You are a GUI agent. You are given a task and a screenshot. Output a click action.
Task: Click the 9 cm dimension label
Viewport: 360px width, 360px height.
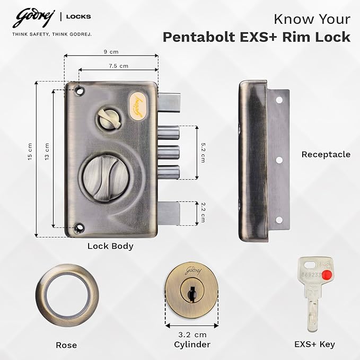tap(111, 51)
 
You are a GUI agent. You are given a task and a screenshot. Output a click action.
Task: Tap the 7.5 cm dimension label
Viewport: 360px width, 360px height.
tap(118, 66)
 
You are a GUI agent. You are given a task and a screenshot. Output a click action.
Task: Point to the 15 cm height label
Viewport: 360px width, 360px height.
tap(30, 152)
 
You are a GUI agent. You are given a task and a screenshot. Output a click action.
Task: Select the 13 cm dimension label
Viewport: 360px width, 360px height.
tap(47, 152)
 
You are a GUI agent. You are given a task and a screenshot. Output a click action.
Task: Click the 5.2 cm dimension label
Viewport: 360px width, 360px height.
tap(203, 153)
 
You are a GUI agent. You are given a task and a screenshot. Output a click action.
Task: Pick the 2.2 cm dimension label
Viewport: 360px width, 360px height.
tap(203, 213)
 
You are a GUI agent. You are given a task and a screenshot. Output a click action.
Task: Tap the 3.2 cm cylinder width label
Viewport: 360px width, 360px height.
tap(192, 335)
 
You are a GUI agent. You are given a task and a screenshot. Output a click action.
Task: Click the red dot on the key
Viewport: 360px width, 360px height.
tap(327, 274)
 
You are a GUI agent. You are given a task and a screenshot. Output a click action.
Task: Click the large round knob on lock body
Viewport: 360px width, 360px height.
tap(105, 178)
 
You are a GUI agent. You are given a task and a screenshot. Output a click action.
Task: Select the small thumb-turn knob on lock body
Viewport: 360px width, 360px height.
tap(110, 119)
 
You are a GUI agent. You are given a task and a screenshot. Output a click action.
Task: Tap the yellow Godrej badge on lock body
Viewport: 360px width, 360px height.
tap(137, 106)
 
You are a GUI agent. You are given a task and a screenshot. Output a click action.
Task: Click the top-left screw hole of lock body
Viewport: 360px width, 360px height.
tap(80, 91)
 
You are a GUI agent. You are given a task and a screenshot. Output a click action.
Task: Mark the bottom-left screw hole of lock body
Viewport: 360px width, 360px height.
tap(80, 227)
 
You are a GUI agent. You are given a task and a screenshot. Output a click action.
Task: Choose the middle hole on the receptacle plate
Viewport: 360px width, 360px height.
tap(279, 160)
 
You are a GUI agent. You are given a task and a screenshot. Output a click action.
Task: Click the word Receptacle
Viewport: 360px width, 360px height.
tap(326, 154)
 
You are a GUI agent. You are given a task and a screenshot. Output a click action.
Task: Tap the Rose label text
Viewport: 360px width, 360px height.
tap(66, 345)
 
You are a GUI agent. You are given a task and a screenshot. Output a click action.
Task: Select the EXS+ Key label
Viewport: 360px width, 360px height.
tap(314, 344)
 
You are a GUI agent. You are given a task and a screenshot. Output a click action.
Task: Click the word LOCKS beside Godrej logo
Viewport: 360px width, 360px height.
tap(78, 17)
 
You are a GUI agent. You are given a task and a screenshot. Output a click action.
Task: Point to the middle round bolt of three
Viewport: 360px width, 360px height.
tap(168, 153)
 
